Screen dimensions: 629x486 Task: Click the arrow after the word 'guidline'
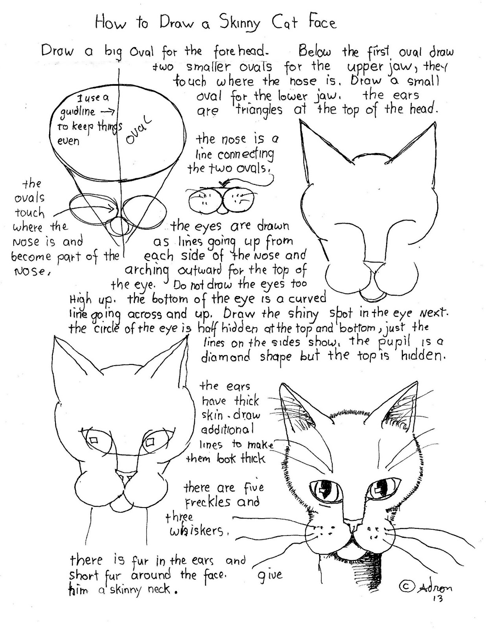pyautogui.click(x=107, y=111)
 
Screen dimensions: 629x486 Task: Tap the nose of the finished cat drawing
pyautogui.click(x=355, y=525)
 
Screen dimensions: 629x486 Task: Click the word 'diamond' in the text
pyautogui.click(x=225, y=357)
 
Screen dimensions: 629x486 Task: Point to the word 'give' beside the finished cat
pyautogui.click(x=270, y=576)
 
